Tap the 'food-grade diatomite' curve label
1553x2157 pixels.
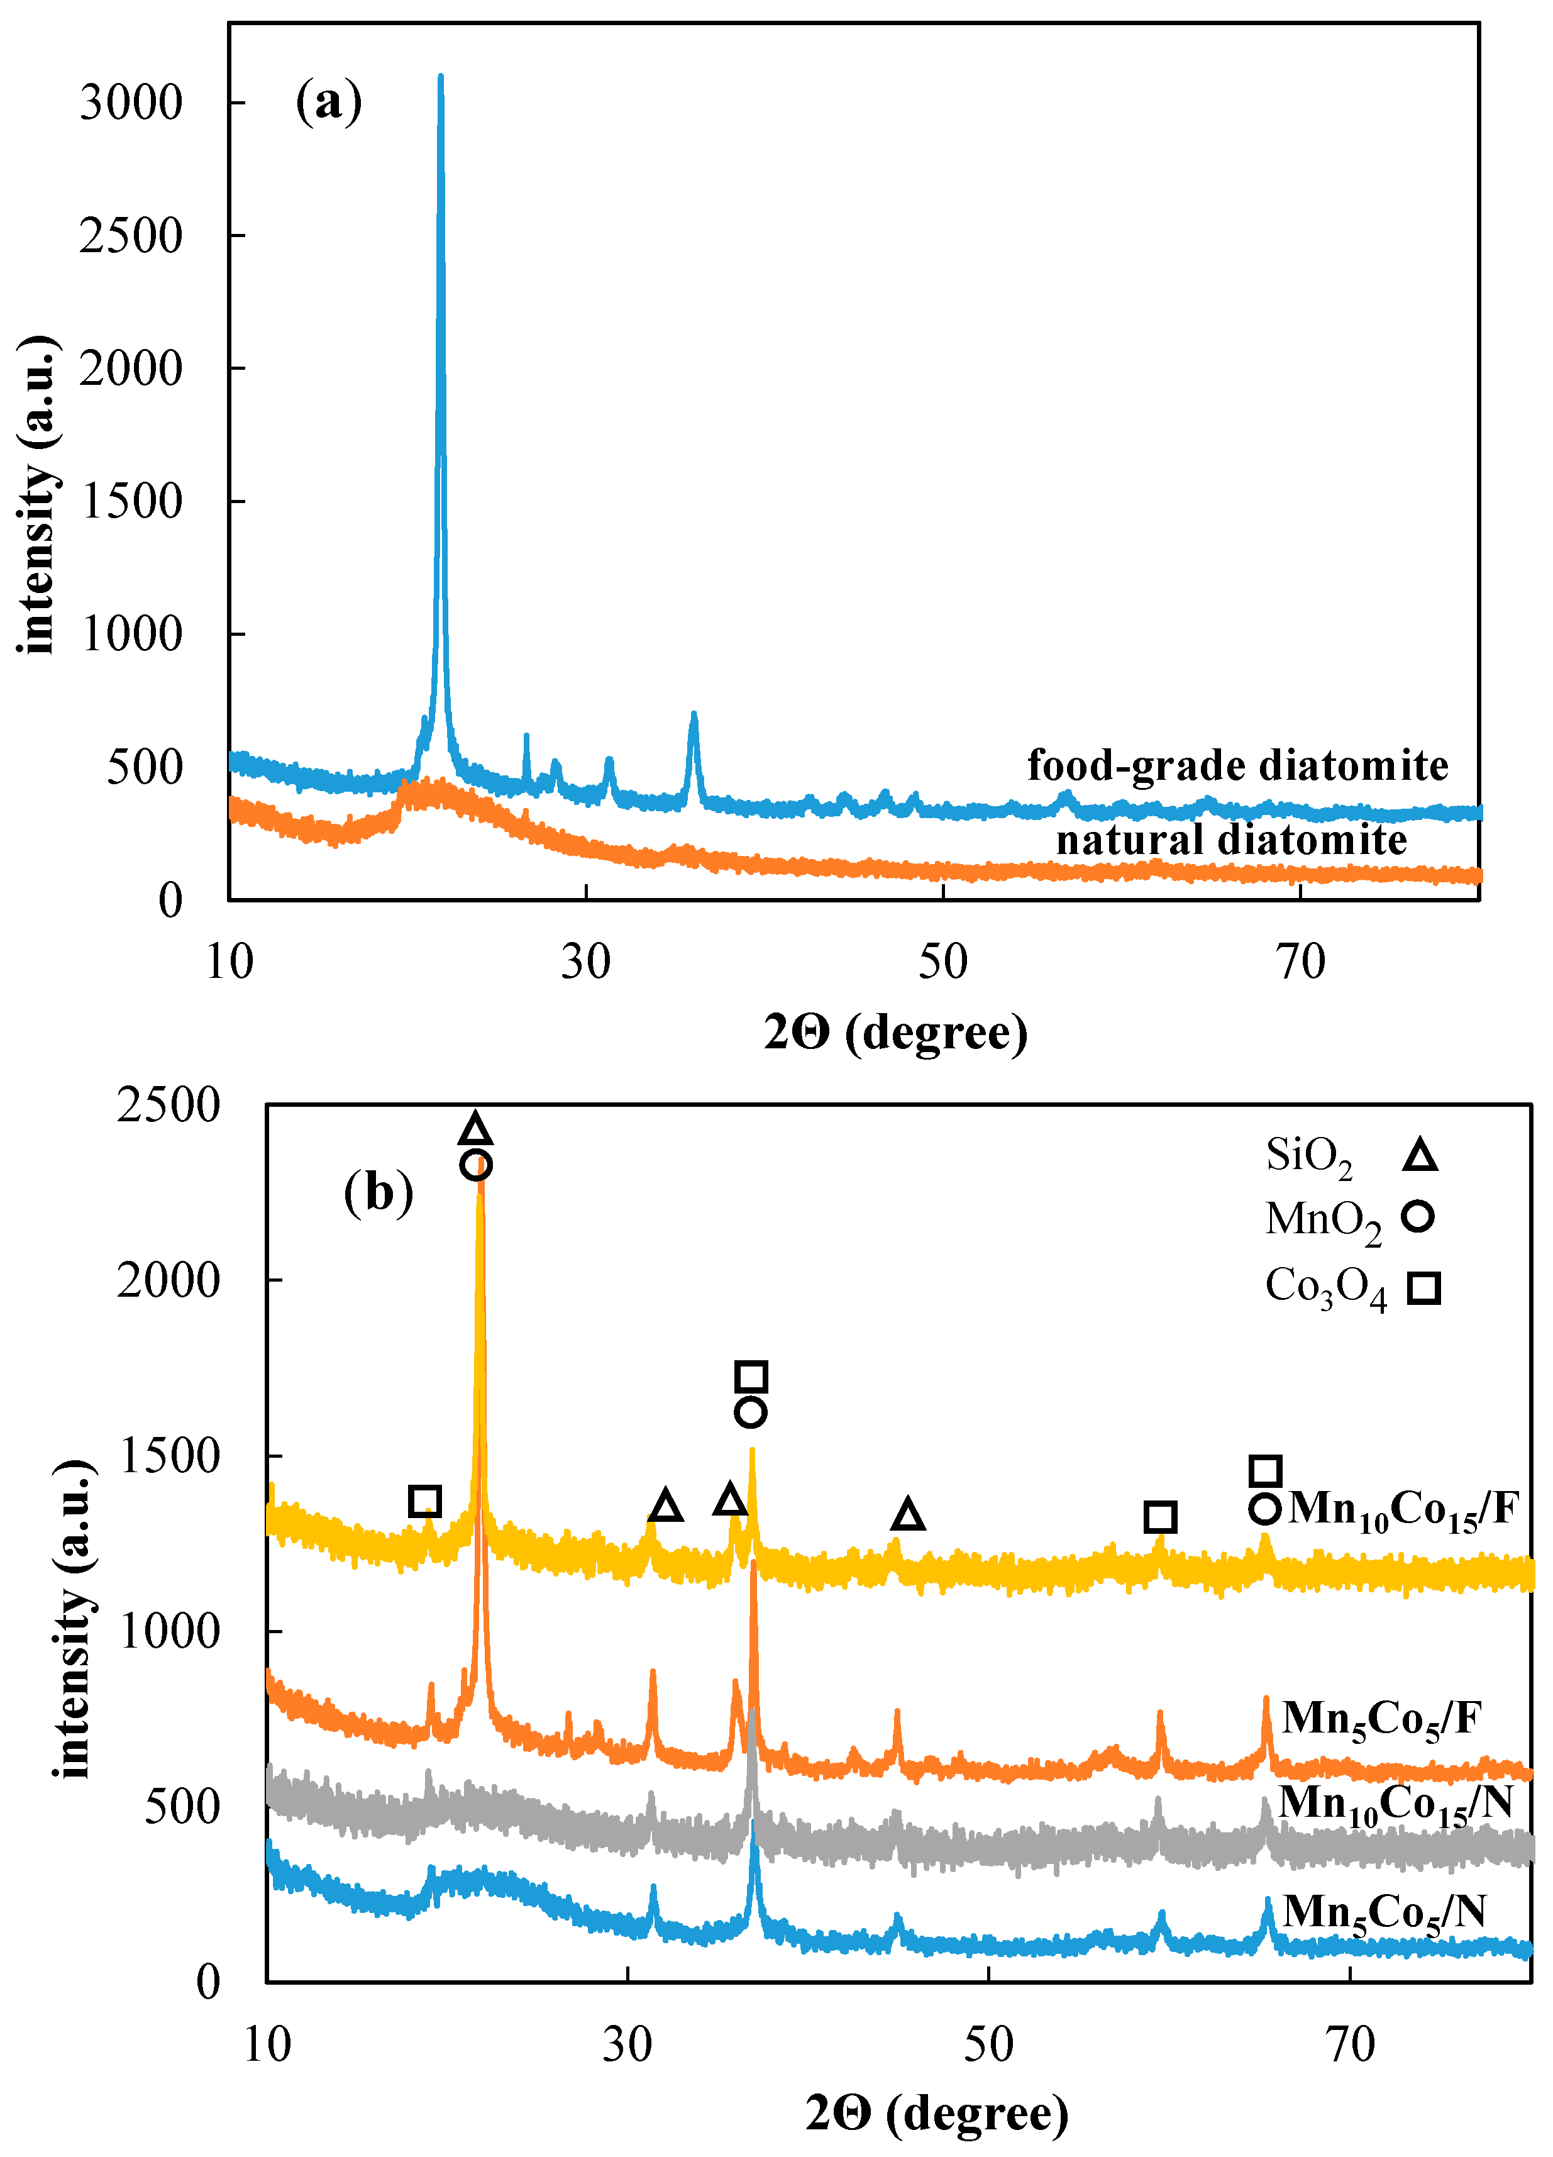coord(1237,765)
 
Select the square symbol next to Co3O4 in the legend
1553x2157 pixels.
coord(1423,1289)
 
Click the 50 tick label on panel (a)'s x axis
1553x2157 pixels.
coord(942,962)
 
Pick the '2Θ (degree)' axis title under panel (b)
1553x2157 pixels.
coord(937,2113)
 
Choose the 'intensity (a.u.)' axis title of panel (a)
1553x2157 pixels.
coord(38,494)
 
